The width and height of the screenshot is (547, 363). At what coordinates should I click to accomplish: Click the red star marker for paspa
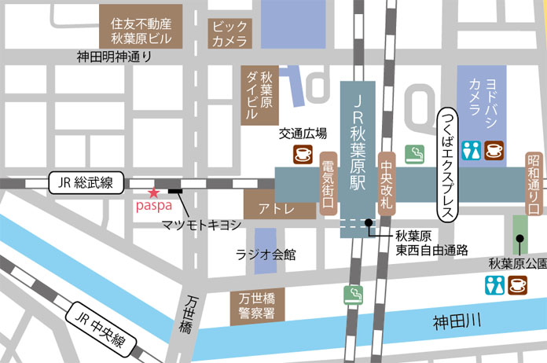tap(153, 192)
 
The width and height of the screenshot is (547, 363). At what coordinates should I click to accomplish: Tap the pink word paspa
tap(152, 206)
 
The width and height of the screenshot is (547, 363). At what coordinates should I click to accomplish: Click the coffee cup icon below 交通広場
tap(303, 155)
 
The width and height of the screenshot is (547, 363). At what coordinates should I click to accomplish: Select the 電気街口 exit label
tap(328, 185)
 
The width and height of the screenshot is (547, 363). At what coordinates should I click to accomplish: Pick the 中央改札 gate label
tap(385, 185)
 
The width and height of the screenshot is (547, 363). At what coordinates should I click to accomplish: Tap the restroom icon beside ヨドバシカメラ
tap(470, 151)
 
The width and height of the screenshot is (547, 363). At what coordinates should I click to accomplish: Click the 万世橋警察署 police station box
tap(258, 306)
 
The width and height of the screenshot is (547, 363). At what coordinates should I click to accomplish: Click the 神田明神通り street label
tap(115, 57)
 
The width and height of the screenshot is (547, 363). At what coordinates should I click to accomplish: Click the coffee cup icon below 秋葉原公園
tap(518, 284)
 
